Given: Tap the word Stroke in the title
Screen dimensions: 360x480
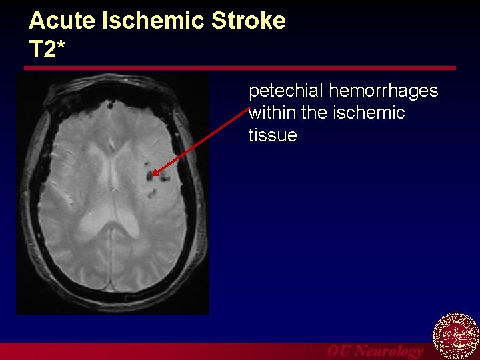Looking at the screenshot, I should (x=249, y=21).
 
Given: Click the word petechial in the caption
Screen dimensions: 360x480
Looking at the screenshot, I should (x=286, y=91).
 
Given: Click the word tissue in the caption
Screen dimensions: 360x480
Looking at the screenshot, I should (x=272, y=135).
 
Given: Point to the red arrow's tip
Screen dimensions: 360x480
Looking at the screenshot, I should (x=154, y=175).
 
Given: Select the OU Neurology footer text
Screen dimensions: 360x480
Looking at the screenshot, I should (x=375, y=351).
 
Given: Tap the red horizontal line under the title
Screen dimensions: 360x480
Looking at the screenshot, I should (x=240, y=67).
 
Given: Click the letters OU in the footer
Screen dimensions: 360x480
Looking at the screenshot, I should (x=338, y=351).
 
